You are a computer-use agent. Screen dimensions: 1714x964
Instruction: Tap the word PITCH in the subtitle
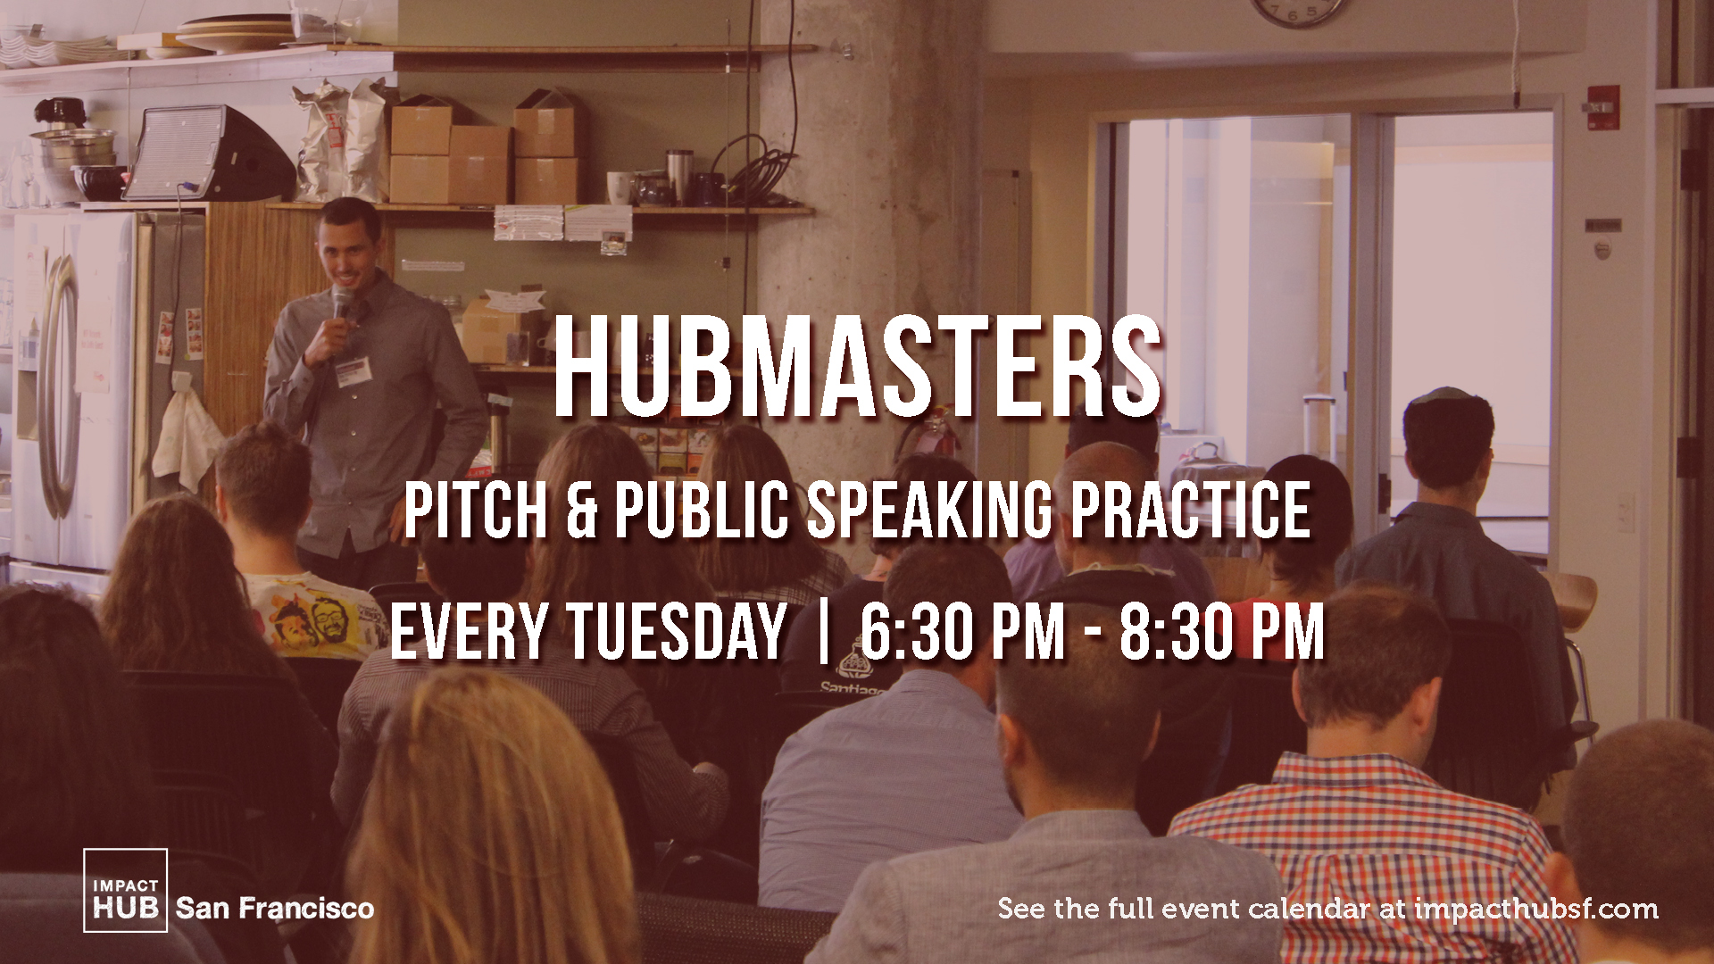tap(475, 511)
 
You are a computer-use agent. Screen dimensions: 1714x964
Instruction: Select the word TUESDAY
tap(678, 632)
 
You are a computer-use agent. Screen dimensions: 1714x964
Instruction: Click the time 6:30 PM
tap(963, 632)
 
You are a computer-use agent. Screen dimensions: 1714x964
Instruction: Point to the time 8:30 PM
tap(1222, 632)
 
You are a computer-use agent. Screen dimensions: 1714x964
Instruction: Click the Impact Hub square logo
tap(125, 890)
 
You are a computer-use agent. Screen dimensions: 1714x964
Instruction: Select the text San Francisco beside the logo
tap(275, 909)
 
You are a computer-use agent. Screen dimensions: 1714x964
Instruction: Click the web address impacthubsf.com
tap(1536, 910)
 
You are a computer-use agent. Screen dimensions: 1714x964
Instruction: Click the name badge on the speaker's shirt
tap(353, 370)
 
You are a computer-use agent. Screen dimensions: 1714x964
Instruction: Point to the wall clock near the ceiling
tap(1299, 11)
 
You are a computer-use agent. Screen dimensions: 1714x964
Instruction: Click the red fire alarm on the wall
tap(1603, 107)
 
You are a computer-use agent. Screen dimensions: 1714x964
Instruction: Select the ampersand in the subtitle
tap(581, 511)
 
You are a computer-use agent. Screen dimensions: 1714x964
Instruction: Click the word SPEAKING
tap(930, 511)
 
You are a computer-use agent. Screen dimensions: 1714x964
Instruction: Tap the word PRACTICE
tap(1191, 511)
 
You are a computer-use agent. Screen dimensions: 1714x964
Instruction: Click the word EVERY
tap(469, 632)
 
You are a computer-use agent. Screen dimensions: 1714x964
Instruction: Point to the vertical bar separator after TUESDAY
tap(823, 632)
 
